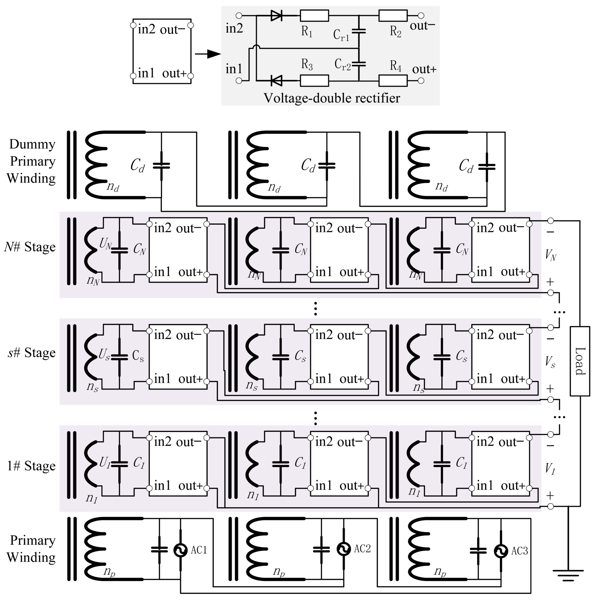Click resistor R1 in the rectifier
tap(314, 16)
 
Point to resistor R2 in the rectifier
tap(393, 16)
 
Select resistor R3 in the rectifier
tap(314, 81)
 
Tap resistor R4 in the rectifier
tap(393, 81)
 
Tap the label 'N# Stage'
tap(30, 247)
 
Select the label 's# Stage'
tap(31, 353)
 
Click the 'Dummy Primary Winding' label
tap(31, 161)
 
